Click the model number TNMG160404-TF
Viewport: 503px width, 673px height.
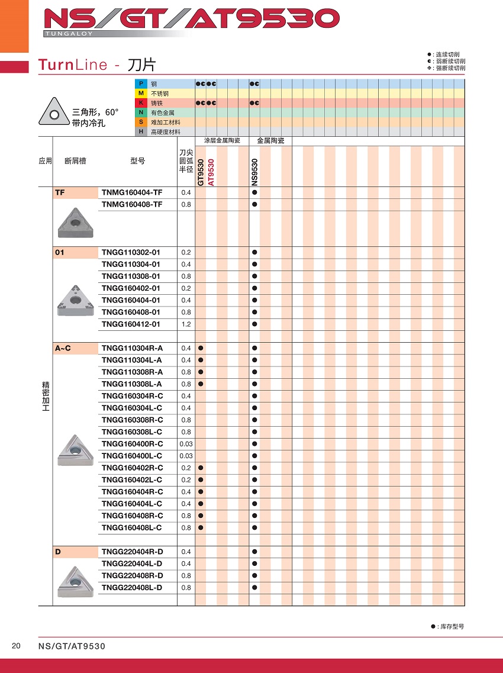pyautogui.click(x=131, y=192)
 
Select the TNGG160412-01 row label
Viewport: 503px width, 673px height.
pyautogui.click(x=131, y=324)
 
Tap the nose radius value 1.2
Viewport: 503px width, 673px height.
pyautogui.click(x=186, y=324)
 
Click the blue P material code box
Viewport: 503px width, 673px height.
pyautogui.click(x=141, y=84)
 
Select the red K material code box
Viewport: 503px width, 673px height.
pyautogui.click(x=141, y=103)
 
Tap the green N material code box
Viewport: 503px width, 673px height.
pyautogui.click(x=141, y=112)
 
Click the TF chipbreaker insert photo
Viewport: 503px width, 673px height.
pyautogui.click(x=75, y=222)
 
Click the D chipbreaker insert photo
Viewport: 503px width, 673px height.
pyautogui.click(x=75, y=581)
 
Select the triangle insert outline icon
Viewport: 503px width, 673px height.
pyautogui.click(x=54, y=112)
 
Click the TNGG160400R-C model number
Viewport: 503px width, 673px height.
pyautogui.click(x=132, y=444)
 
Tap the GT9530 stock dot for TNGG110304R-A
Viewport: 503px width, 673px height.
pyautogui.click(x=201, y=348)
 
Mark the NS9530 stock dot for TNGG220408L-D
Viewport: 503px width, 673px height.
pyautogui.click(x=254, y=588)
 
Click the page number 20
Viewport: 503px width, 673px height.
pyautogui.click(x=16, y=646)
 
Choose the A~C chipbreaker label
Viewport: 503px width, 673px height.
pyautogui.click(x=63, y=348)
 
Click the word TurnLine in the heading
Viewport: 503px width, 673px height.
pyautogui.click(x=72, y=65)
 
